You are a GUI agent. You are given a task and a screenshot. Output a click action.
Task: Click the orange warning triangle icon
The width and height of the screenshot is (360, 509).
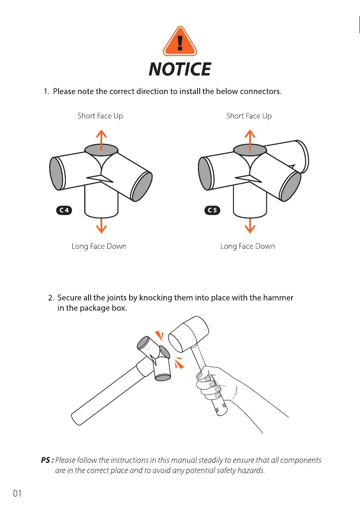180,41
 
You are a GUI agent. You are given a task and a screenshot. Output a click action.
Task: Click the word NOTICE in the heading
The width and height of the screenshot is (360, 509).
180,69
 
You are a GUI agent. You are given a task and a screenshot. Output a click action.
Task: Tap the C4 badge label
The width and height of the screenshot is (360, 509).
64,210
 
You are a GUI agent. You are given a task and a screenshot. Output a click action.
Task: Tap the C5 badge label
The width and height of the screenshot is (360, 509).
212,210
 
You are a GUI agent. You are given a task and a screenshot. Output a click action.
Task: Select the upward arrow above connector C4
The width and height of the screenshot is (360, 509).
101,140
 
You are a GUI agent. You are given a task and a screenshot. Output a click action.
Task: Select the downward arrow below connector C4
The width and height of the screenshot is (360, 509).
101,226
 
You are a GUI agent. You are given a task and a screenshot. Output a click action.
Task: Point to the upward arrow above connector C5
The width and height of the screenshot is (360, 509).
250,140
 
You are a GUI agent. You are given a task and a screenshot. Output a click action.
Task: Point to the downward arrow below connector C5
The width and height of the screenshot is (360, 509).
250,226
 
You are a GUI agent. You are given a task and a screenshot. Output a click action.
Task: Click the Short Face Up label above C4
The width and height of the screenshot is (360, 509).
100,116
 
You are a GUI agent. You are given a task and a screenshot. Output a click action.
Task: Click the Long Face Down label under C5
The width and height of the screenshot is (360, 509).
248,247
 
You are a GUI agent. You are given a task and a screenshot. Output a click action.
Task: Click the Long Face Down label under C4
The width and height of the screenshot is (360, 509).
99,247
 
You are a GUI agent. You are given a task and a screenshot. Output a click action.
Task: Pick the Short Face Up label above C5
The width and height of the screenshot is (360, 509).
249,116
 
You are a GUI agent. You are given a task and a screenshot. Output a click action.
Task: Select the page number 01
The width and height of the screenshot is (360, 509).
17,494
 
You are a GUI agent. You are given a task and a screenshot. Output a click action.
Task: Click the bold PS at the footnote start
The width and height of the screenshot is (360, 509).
47,460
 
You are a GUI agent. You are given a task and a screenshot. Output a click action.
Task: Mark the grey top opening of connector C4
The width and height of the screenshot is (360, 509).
101,150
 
